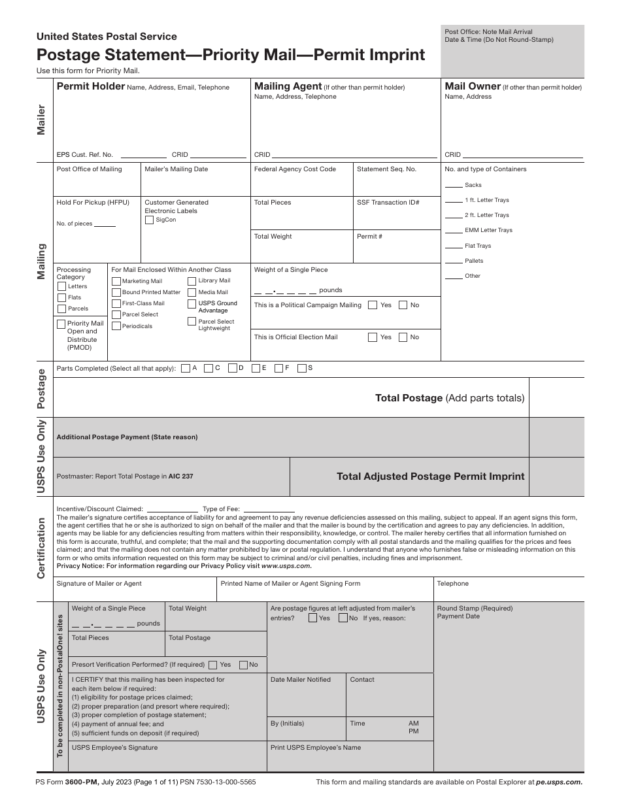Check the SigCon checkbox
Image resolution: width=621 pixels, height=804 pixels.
[150, 220]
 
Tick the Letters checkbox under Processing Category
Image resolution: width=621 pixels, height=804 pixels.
[62, 286]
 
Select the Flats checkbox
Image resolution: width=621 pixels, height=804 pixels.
[62, 297]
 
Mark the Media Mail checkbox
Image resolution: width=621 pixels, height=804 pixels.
[192, 292]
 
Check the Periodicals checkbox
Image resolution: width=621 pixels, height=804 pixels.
[116, 326]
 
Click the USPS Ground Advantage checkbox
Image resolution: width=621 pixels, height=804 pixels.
[192, 304]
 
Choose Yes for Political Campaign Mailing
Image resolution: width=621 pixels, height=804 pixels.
[373, 305]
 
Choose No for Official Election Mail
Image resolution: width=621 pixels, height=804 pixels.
[403, 337]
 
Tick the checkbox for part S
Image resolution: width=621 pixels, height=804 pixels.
[302, 368]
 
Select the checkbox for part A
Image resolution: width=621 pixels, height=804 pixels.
[186, 368]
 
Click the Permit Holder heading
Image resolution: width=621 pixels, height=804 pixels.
[90, 86]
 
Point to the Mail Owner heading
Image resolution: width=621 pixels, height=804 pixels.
[473, 86]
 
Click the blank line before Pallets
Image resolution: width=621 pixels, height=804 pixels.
[454, 261]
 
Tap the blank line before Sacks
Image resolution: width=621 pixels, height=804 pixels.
[454, 186]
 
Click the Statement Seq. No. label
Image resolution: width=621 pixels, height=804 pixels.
[386, 169]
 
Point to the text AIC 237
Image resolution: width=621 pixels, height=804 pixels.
[180, 477]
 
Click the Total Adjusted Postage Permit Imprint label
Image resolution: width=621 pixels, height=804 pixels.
[430, 477]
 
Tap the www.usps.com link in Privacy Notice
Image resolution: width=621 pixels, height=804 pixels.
[286, 566]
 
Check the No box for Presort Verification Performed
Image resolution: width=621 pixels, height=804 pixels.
[244, 665]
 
